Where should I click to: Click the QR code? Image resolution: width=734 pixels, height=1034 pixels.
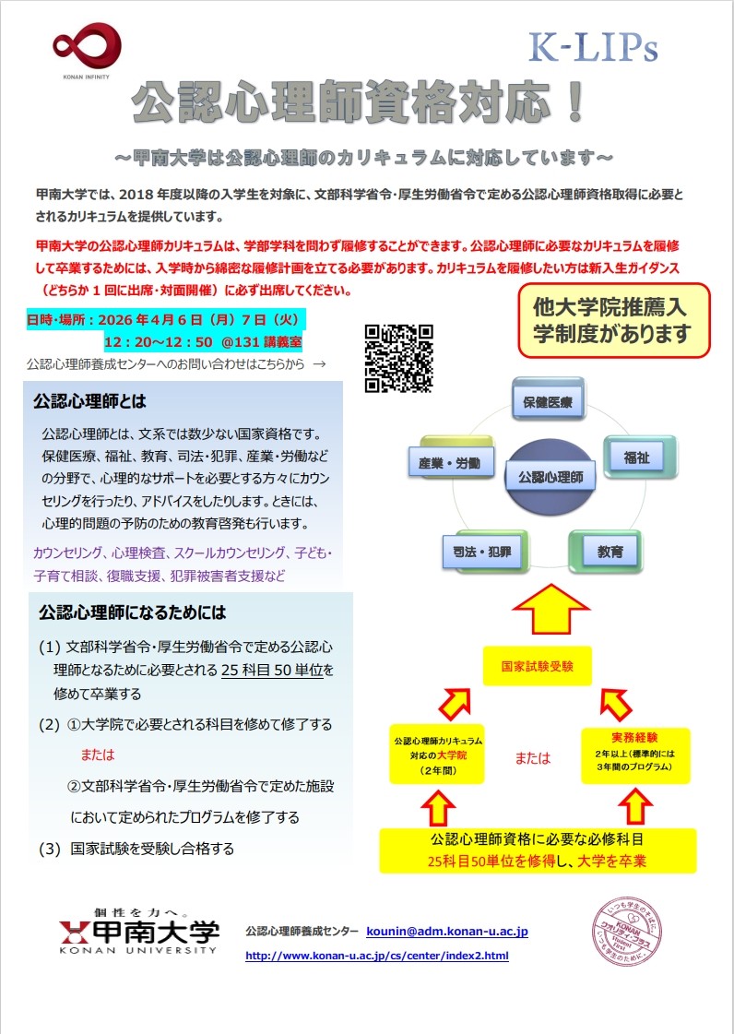coord(398,358)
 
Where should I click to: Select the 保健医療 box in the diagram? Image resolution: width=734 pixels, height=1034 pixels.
coord(548,402)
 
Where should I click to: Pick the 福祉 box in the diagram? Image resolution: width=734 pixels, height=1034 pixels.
coord(636,456)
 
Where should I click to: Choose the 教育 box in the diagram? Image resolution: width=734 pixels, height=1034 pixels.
coord(610,552)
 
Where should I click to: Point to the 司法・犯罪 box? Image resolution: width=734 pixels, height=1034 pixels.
coord(482,552)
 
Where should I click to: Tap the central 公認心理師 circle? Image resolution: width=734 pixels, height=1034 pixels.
coord(550,477)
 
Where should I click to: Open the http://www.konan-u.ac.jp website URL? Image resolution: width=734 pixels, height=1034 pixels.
coord(376,956)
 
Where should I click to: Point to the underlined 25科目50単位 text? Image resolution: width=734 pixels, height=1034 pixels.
coord(271,669)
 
